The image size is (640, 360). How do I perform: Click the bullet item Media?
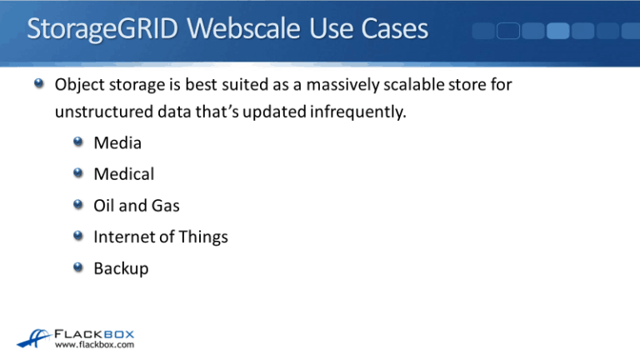click(x=117, y=143)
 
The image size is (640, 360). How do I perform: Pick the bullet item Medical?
click(x=123, y=174)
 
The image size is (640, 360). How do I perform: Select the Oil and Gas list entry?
click(x=137, y=206)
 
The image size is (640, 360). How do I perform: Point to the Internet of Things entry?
click(x=161, y=237)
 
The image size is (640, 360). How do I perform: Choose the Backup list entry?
click(x=121, y=268)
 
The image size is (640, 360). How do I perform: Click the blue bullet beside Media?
click(x=78, y=142)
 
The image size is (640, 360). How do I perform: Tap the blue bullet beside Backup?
click(x=78, y=267)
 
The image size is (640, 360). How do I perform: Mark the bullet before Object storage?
click(x=39, y=84)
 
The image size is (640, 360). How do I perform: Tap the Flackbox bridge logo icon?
click(x=32, y=336)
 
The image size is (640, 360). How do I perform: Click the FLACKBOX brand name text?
click(x=94, y=331)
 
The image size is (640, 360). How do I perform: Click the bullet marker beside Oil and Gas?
click(x=78, y=205)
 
